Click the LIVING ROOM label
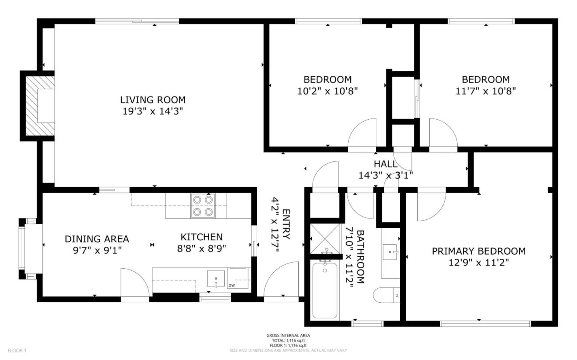[153, 100]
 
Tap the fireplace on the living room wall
[38, 106]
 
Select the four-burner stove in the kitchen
[203, 206]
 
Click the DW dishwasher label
[231, 286]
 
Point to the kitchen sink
[216, 279]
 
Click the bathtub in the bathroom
[325, 290]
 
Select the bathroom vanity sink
[391, 252]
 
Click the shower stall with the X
[325, 239]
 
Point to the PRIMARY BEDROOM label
[479, 251]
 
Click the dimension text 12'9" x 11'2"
[479, 263]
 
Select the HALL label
[385, 164]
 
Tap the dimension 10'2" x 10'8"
[328, 91]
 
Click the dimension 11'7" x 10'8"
[486, 91]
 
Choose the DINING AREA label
[97, 239]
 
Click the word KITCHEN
[202, 237]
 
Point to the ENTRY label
[286, 224]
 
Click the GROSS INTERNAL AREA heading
[288, 336]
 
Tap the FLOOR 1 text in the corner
[17, 350]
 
